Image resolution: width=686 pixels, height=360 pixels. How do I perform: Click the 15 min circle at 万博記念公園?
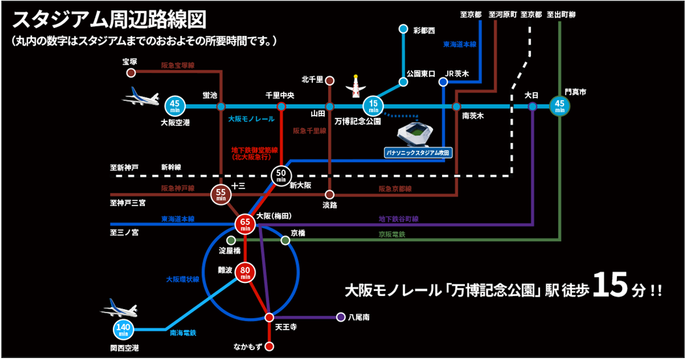pyautogui.click(x=374, y=106)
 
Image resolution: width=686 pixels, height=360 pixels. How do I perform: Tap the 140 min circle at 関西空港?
pyautogui.click(x=123, y=330)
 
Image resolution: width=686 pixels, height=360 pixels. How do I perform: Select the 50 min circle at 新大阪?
pyautogui.click(x=281, y=174)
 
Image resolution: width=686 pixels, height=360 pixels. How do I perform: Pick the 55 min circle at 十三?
pyautogui.click(x=221, y=194)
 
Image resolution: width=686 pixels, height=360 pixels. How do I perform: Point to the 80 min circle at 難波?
pyautogui.click(x=245, y=273)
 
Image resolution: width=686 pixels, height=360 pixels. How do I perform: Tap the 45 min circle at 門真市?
pyautogui.click(x=559, y=106)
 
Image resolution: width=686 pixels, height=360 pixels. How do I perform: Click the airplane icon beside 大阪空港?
pyautogui.click(x=142, y=98)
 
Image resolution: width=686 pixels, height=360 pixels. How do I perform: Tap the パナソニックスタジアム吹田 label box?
pyautogui.click(x=417, y=153)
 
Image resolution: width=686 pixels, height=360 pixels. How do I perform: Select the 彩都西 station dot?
pyautogui.click(x=403, y=29)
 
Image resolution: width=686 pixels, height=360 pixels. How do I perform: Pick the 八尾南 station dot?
pyautogui.click(x=340, y=318)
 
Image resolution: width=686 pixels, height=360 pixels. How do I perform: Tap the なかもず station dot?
pyautogui.click(x=269, y=346)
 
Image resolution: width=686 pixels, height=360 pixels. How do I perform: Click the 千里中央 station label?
pyautogui.click(x=280, y=95)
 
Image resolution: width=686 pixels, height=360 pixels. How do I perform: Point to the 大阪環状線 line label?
pyautogui.click(x=182, y=278)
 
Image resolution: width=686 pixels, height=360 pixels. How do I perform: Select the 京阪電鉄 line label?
pyautogui.click(x=392, y=234)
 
